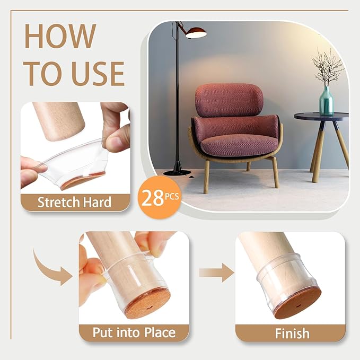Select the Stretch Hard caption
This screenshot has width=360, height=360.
click(74, 202)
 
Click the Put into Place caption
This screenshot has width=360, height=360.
click(134, 332)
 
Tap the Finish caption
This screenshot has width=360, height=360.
click(292, 333)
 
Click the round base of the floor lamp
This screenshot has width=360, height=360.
click(177, 171)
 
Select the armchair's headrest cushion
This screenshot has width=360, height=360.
click(229, 100)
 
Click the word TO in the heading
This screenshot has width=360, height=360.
click(43, 74)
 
